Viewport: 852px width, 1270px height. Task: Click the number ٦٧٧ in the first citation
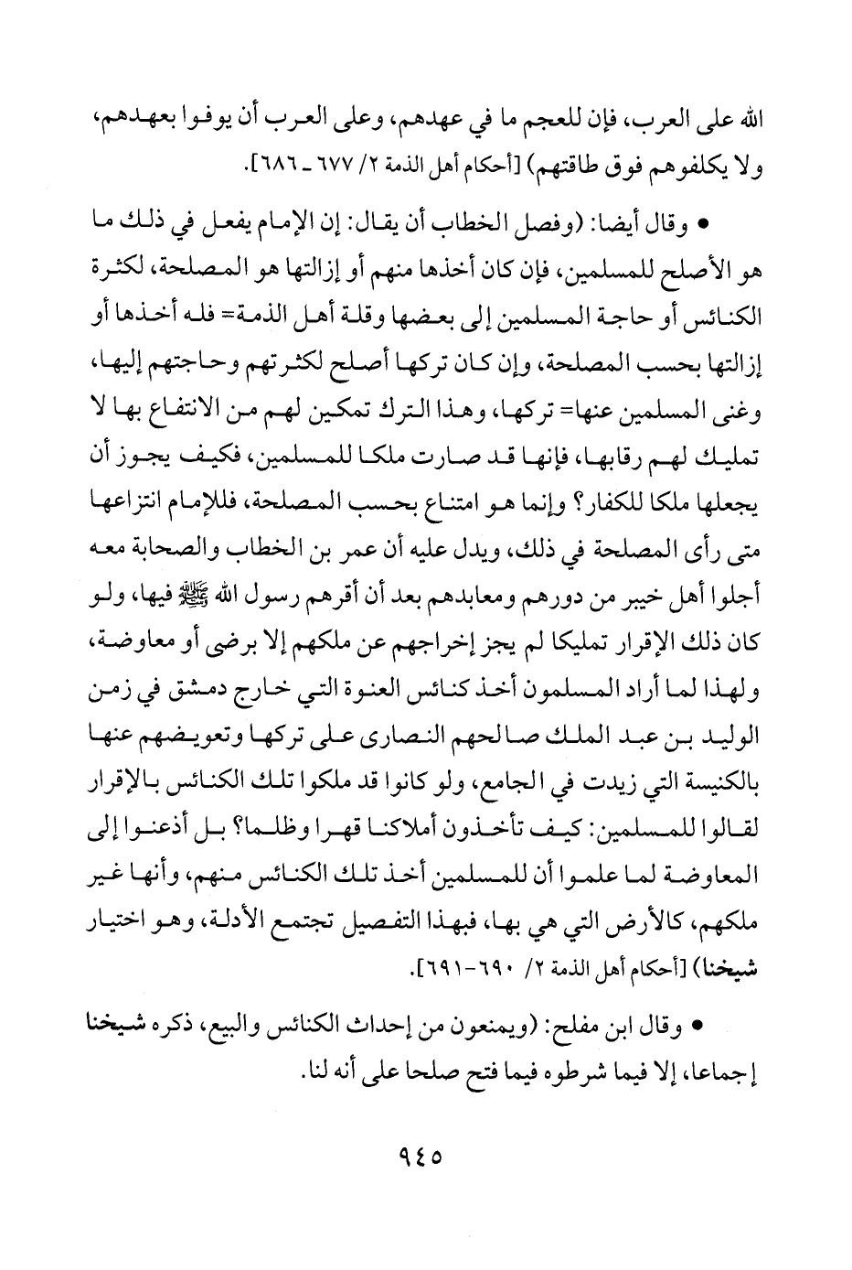tap(328, 167)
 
